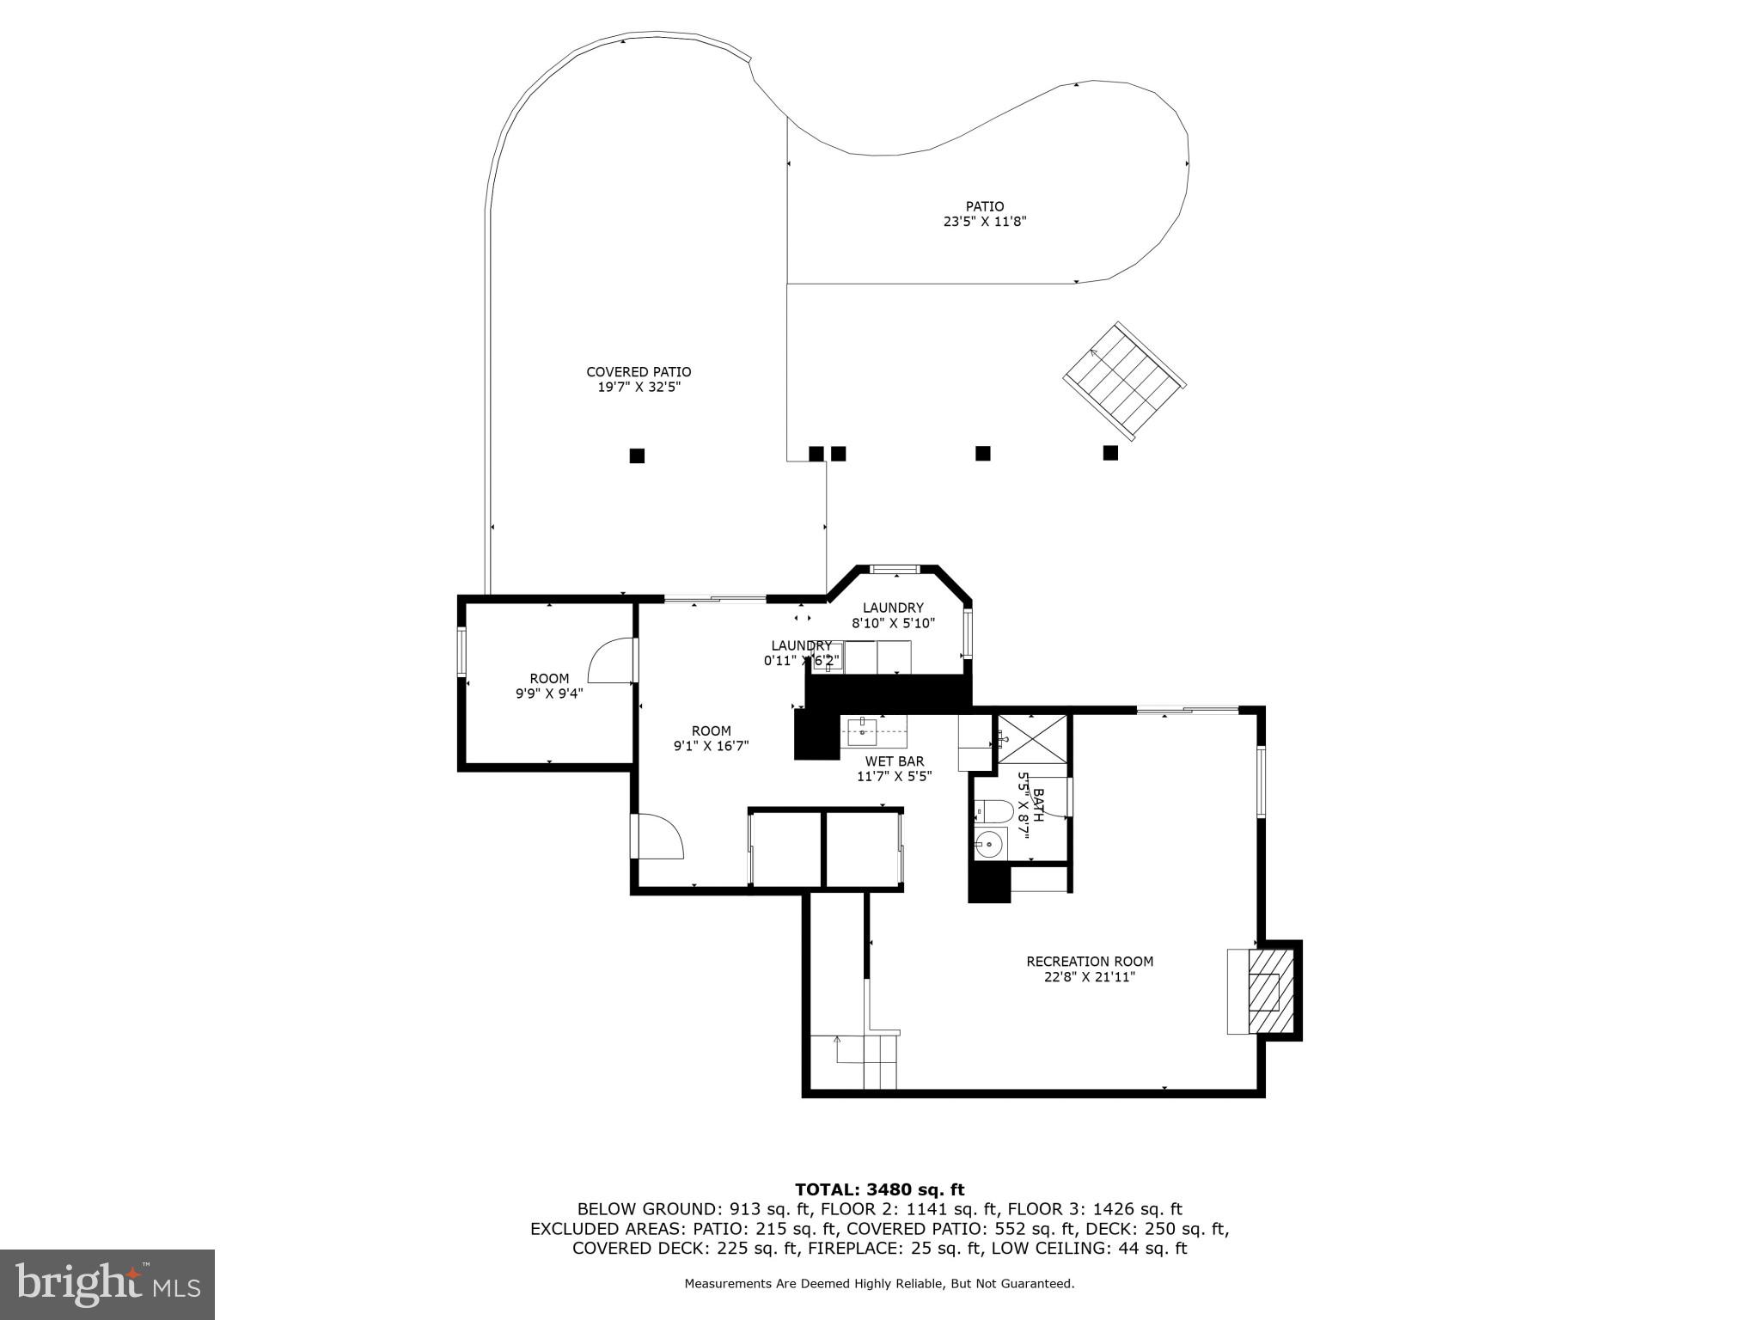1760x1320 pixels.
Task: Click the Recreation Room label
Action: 1090,962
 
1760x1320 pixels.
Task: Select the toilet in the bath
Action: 993,810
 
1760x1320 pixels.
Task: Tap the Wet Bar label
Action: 894,761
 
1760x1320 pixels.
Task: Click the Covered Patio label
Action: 639,372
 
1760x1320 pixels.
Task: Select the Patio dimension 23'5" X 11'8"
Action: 985,222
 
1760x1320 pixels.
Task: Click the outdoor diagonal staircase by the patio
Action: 1125,380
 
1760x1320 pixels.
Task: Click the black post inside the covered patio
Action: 637,455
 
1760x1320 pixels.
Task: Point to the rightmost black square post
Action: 1110,453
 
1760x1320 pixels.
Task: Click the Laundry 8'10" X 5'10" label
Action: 893,615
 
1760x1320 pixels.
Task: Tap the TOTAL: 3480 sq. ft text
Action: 879,1190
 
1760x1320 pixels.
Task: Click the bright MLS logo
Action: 107,1284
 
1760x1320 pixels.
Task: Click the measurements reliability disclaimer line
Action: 879,1284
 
